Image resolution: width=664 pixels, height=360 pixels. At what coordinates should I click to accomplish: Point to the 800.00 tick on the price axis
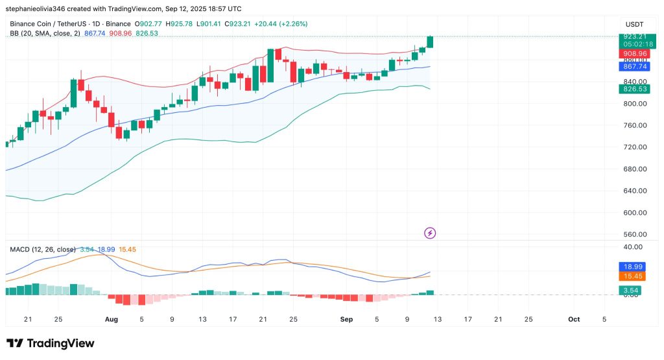point(635,104)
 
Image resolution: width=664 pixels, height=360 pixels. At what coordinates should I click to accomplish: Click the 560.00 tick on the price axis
point(635,234)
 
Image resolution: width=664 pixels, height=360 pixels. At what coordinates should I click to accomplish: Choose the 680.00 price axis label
point(635,169)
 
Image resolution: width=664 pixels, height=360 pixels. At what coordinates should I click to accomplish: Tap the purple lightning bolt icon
point(429,232)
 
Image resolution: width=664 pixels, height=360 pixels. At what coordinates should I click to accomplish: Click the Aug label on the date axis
point(111,319)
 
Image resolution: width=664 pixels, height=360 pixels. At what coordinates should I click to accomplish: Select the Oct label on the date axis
point(573,319)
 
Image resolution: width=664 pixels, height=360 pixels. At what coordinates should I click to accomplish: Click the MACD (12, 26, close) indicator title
point(41,249)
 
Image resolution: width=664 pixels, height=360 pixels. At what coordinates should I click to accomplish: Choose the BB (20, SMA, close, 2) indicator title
point(45,33)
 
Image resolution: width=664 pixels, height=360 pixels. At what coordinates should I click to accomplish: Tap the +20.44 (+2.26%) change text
point(281,23)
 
